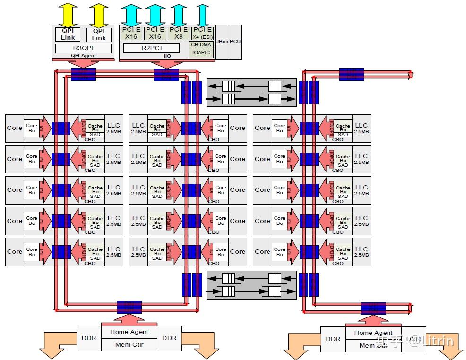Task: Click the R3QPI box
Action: pyautogui.click(x=83, y=48)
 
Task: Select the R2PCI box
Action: pyautogui.click(x=151, y=48)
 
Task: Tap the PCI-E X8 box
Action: pyautogui.click(x=179, y=33)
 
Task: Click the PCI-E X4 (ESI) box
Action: pyautogui.click(x=202, y=33)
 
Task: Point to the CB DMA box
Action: pyautogui.click(x=201, y=45)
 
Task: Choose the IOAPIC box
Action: pyautogui.click(x=201, y=53)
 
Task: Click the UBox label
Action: pyautogui.click(x=222, y=42)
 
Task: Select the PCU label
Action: pyautogui.click(x=235, y=42)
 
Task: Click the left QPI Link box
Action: pyautogui.click(x=68, y=34)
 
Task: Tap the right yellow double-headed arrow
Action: pyautogui.click(x=99, y=15)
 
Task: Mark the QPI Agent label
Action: pyautogui.click(x=83, y=56)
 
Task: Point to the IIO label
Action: pyautogui.click(x=167, y=56)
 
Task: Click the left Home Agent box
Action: pyautogui.click(x=129, y=332)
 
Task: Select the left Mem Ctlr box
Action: pyautogui.click(x=129, y=344)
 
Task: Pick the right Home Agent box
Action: pyautogui.click(x=373, y=333)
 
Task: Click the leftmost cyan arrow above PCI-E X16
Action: pyautogui.click(x=130, y=15)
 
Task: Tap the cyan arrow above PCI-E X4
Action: pyautogui.click(x=202, y=15)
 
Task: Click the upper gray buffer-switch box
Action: pyautogui.click(x=252, y=93)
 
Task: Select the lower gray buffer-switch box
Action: pyautogui.click(x=252, y=285)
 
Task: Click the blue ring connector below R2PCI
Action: pyautogui.click(x=166, y=75)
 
